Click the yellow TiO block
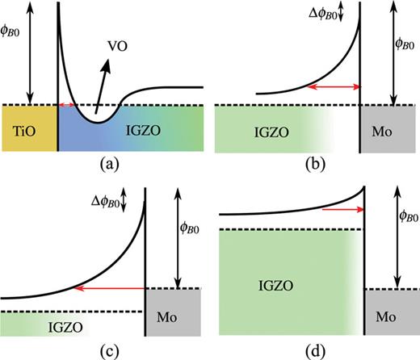(x=28, y=128)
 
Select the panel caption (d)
(x=316, y=350)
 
